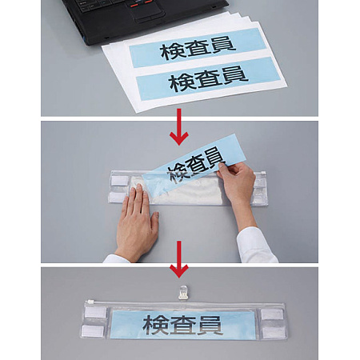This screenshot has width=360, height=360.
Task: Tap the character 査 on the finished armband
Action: point(181,325)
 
